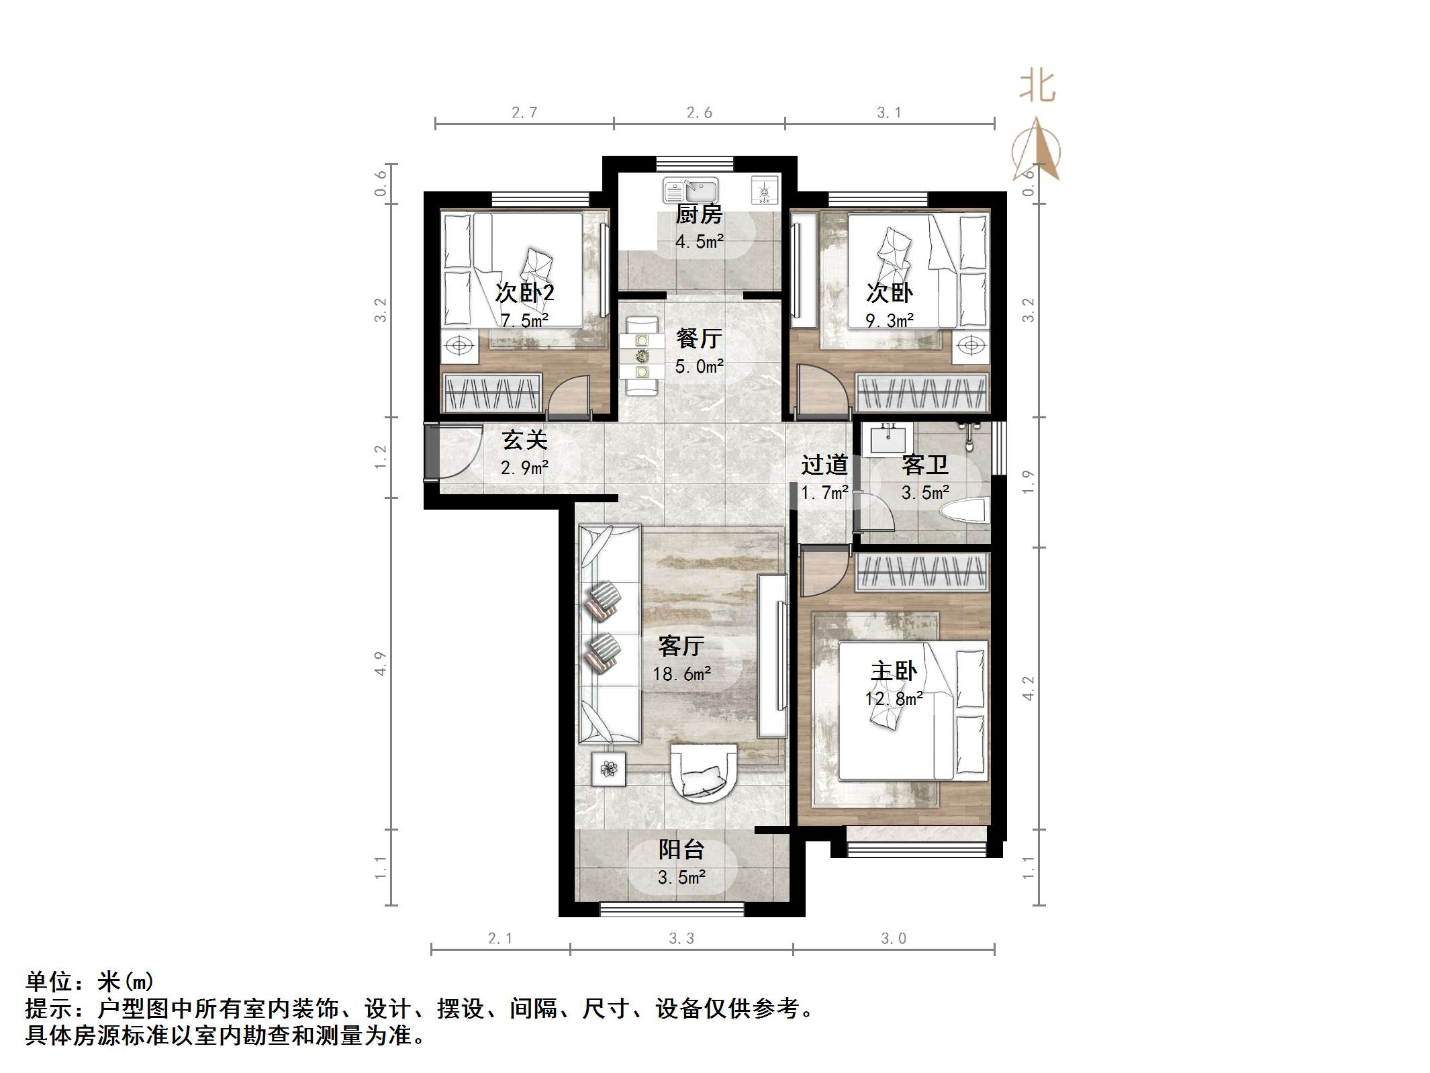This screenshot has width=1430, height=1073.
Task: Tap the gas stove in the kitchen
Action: click(765, 190)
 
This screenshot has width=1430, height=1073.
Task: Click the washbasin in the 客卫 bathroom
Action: click(888, 439)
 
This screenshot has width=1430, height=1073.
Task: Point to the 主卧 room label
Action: click(894, 671)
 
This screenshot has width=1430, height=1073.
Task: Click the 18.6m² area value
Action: click(682, 673)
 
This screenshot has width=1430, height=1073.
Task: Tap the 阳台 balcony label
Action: click(681, 849)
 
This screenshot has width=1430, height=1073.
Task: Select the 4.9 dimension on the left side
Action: click(381, 663)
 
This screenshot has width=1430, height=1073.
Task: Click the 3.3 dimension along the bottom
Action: click(681, 939)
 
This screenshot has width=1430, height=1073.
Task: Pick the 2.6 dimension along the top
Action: click(699, 113)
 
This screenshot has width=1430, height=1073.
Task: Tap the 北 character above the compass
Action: click(1037, 88)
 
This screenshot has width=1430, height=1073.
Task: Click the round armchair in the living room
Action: click(703, 773)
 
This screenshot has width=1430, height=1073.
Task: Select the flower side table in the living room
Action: click(608, 768)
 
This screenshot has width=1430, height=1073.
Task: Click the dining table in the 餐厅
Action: click(642, 356)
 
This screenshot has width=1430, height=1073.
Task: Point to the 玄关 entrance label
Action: click(525, 440)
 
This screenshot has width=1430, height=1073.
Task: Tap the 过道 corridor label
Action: click(824, 465)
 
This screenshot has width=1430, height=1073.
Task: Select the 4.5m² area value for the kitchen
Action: click(700, 242)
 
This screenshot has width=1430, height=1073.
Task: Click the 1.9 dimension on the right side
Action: click(1028, 482)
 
